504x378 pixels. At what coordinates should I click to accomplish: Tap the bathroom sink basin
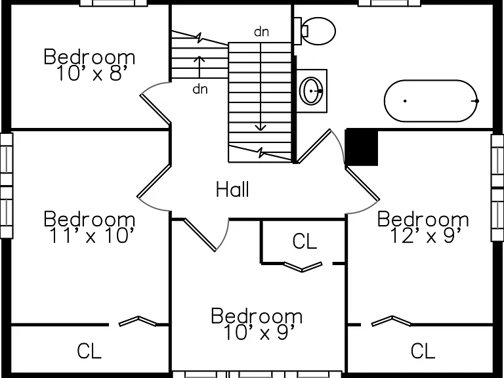[x=311, y=91]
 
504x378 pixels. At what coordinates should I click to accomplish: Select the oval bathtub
[x=431, y=101]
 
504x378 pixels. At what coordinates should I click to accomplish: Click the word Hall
[x=232, y=189]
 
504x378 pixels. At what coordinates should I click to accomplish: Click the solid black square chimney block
[x=362, y=147]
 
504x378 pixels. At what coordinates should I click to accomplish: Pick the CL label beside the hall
[x=304, y=241]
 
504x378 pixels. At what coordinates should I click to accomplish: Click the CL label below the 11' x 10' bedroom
[x=89, y=350]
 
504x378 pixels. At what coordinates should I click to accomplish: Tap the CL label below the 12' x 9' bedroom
[x=423, y=350]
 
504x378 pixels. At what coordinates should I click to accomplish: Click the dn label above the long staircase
[x=261, y=31]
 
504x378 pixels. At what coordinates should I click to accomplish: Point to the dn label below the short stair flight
[x=200, y=89]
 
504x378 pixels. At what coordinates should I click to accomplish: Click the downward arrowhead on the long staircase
[x=261, y=128]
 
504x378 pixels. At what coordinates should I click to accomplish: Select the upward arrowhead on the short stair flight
[x=199, y=58]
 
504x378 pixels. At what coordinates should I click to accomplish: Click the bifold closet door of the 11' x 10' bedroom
[x=138, y=321]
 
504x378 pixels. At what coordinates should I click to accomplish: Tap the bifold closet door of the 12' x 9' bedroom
[x=391, y=321]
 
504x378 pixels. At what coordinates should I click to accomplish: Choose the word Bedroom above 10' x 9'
[x=257, y=316]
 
